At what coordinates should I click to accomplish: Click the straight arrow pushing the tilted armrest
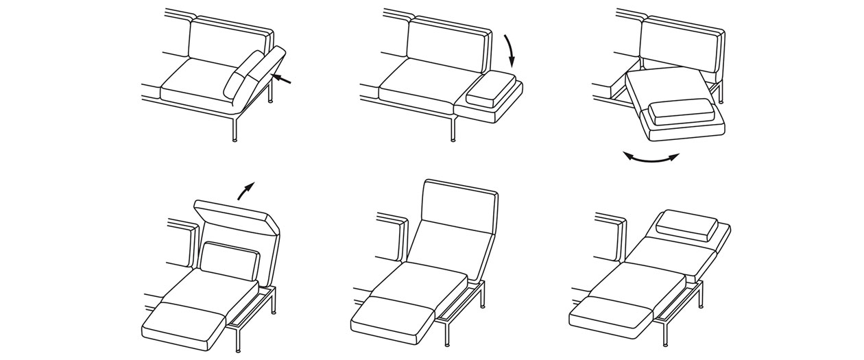[x=282, y=79]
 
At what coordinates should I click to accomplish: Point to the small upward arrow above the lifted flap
[x=245, y=190]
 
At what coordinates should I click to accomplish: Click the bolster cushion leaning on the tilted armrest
[x=243, y=75]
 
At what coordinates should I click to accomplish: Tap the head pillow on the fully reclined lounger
[x=686, y=223]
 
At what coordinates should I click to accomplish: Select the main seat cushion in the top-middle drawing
[x=418, y=83]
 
